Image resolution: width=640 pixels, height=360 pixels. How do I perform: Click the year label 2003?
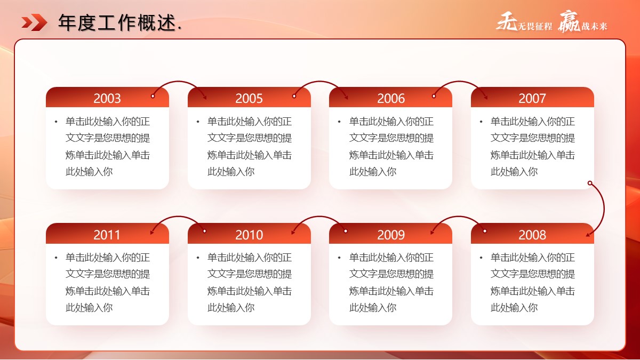(107, 98)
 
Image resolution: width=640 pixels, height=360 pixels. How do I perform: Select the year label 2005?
(249, 98)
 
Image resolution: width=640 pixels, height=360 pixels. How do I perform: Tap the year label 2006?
(391, 98)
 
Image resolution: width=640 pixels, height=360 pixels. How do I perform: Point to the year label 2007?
(532, 98)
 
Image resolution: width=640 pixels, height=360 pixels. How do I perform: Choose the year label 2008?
(532, 235)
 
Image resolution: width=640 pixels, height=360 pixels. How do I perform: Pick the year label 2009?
(391, 235)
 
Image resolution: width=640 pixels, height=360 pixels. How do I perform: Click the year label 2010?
(249, 235)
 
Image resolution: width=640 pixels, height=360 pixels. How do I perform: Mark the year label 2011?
(107, 235)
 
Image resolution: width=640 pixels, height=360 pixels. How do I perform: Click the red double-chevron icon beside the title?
(34, 22)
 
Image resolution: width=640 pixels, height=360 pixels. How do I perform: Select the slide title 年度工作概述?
(117, 22)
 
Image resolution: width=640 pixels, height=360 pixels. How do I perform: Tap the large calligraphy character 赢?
(569, 22)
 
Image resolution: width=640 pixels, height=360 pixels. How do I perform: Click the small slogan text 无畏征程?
(535, 26)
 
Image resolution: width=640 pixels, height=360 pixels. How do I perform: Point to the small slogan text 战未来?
(594, 26)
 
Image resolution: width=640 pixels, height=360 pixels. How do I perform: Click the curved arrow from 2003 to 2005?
(179, 82)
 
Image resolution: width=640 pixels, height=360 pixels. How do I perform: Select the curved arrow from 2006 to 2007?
(459, 82)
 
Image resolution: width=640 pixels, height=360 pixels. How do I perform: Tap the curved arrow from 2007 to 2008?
(604, 209)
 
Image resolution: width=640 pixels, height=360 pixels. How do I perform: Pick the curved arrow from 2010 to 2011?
(179, 217)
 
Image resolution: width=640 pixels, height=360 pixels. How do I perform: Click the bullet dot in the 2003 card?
(56, 122)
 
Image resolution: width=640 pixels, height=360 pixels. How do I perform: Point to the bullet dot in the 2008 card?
(481, 258)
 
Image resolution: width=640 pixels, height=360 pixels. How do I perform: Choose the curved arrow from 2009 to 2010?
(319, 217)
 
